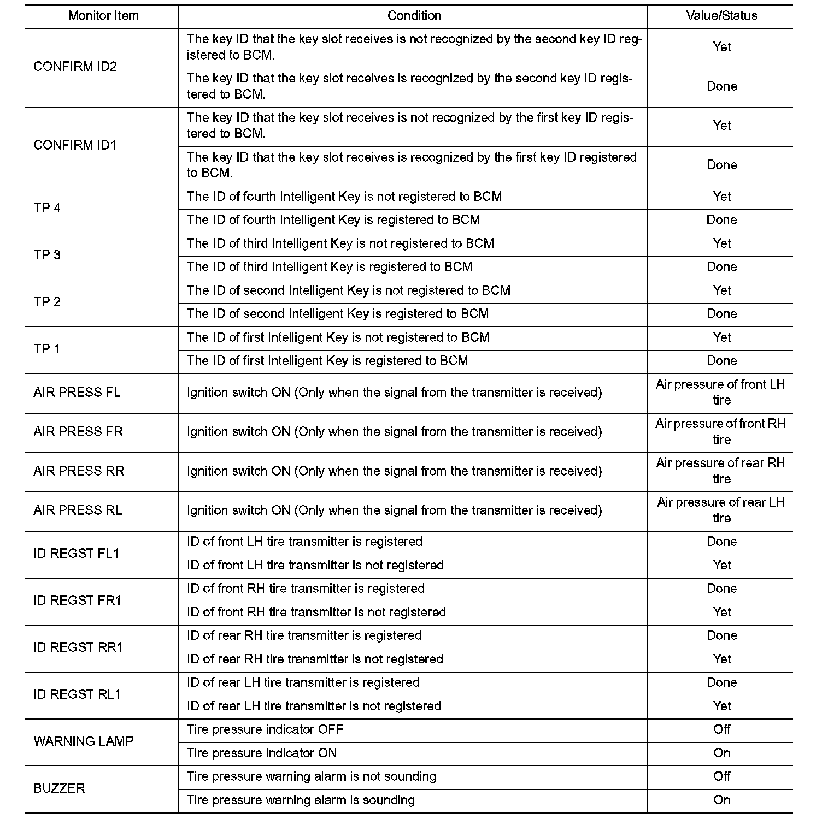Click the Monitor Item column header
pos(103,16)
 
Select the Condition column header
pos(414,16)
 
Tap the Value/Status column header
pos(721,16)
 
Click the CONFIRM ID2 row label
pos(75,67)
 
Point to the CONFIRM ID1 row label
pos(75,145)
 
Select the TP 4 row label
pos(47,208)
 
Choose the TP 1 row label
pos(47,349)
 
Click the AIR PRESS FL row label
pos(77,393)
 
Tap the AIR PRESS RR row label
pos(79,471)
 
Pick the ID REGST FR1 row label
pos(78,601)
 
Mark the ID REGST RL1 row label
pos(77,694)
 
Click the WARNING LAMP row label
pos(84,741)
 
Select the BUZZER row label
pos(59,788)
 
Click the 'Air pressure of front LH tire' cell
pos(721,393)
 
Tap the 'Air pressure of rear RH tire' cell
pos(721,471)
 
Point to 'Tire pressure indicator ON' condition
pos(262,753)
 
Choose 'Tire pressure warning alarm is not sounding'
pos(312,776)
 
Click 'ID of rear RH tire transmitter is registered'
pos(304,635)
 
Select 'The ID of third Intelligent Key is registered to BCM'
pos(330,267)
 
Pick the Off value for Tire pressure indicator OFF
pos(721,729)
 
